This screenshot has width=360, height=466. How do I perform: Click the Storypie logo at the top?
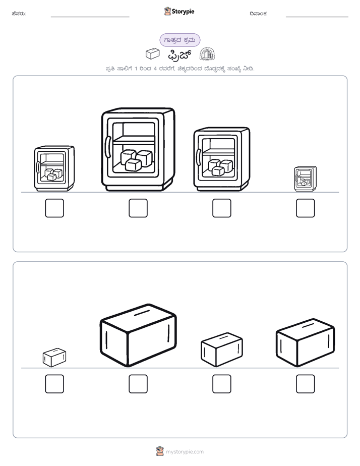(x=179, y=11)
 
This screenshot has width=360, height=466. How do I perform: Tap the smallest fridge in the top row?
(x=305, y=179)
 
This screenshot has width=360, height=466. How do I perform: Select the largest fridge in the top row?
(x=138, y=149)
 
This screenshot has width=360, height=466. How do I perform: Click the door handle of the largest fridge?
(x=108, y=147)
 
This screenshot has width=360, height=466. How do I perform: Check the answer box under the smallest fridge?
(x=306, y=208)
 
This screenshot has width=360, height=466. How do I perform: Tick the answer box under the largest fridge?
(x=138, y=208)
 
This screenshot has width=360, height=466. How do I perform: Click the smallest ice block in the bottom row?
(x=54, y=358)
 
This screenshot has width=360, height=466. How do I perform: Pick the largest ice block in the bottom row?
(x=138, y=335)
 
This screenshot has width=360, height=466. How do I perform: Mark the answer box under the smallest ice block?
(x=54, y=384)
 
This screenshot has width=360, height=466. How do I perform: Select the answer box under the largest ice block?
(x=138, y=384)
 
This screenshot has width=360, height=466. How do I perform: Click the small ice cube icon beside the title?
(x=153, y=53)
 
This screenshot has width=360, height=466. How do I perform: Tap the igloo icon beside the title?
(x=207, y=54)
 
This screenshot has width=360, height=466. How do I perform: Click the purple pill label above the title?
(x=179, y=40)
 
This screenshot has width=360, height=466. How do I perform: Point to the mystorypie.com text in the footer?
(x=185, y=452)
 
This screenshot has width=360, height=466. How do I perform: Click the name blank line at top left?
(x=90, y=17)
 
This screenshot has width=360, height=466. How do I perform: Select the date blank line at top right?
(x=317, y=17)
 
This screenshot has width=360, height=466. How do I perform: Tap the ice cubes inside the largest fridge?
(x=136, y=160)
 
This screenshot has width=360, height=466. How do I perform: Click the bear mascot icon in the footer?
(x=160, y=451)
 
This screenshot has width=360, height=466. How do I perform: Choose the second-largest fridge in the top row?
(x=221, y=159)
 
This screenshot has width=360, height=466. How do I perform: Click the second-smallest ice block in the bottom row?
(x=222, y=349)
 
